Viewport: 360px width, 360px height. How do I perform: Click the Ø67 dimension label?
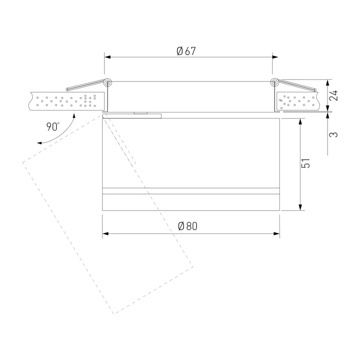pos(186,51)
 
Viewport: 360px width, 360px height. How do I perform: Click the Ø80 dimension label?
pos(188,226)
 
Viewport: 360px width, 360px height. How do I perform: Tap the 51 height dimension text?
pos(306,163)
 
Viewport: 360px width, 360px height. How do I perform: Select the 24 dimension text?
pos(333,95)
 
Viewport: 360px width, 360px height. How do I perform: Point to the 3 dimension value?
pos(333,135)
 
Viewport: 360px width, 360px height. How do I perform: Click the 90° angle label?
pos(53,126)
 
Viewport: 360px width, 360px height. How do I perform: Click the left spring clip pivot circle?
pos(108,82)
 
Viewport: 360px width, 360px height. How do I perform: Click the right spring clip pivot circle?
pos(274,82)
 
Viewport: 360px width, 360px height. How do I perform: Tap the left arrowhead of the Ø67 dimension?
pos(108,57)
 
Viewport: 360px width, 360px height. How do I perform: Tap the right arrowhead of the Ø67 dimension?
pos(275,57)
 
